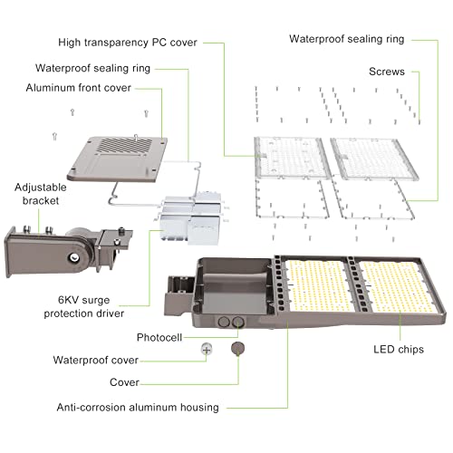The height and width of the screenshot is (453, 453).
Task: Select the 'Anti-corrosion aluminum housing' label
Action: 137,407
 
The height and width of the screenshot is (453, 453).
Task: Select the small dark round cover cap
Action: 238,347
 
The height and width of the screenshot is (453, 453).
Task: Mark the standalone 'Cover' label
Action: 124,382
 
